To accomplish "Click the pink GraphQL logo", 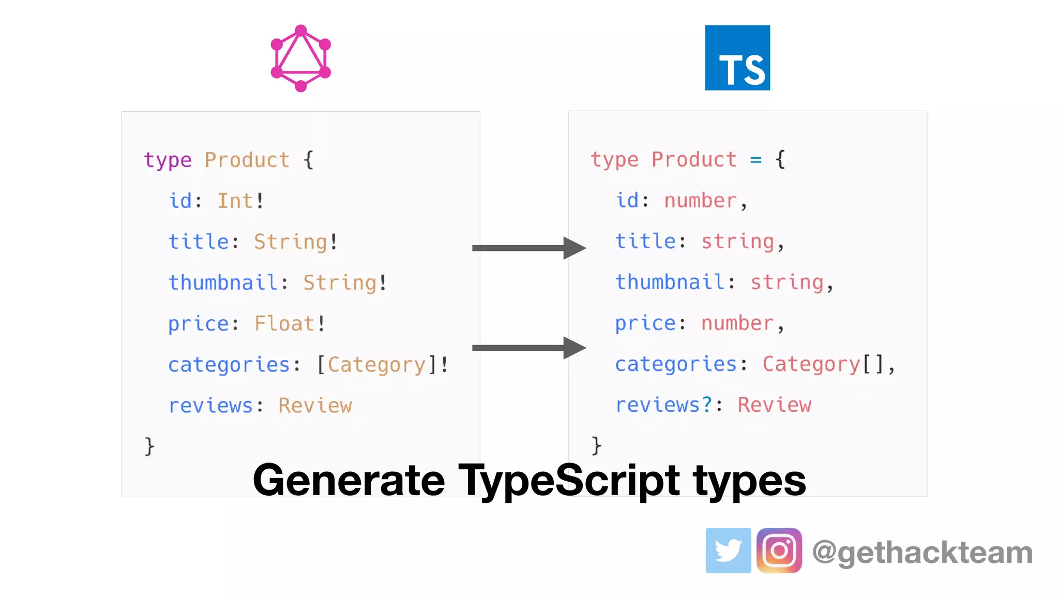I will click(x=300, y=58).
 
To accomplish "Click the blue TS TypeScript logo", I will click(x=737, y=58).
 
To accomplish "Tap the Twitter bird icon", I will click(x=728, y=550).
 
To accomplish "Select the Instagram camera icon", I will click(x=779, y=550).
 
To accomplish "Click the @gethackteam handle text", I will click(x=922, y=552).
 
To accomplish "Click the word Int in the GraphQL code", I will click(x=235, y=201).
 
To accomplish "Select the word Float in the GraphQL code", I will click(x=284, y=324).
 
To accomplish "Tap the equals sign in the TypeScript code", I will click(x=756, y=160).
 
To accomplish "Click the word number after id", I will click(x=700, y=201).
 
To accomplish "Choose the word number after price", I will click(x=737, y=323).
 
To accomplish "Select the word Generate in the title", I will click(x=349, y=480).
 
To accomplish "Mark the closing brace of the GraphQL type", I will click(x=149, y=446).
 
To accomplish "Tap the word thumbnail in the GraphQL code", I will click(x=223, y=283).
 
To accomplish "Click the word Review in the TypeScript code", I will click(x=774, y=405).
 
